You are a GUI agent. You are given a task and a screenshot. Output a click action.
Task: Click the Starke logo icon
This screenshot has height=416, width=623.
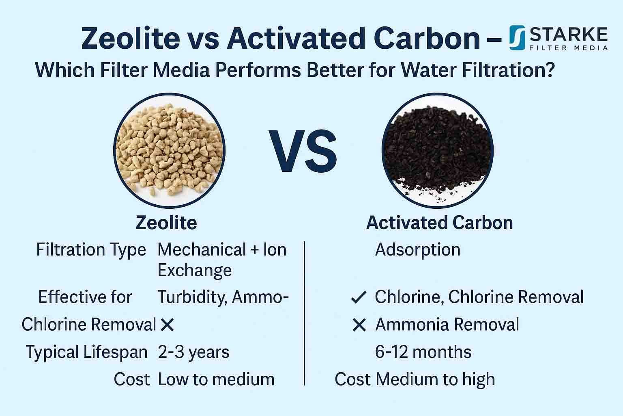pos(517,37)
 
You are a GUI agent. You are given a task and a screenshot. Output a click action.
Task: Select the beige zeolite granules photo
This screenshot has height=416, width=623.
pos(169,151)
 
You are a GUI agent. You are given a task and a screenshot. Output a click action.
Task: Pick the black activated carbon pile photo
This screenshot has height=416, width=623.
pos(438,151)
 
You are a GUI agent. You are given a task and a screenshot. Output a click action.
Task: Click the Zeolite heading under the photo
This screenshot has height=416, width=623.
pos(166,223)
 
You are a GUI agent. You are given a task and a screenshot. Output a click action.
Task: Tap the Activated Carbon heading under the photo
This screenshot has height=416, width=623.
pos(439,223)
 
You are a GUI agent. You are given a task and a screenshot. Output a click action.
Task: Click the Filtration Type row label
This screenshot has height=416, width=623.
pos(91,249)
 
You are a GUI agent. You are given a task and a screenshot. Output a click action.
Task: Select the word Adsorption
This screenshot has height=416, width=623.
pos(418,249)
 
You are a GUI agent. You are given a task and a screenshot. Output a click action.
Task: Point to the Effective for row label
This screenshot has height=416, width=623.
pos(85,297)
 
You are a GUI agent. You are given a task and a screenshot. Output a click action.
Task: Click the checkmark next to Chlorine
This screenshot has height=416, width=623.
pos(359,298)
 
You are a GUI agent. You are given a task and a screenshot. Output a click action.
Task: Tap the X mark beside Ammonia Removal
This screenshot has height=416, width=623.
pos(359,325)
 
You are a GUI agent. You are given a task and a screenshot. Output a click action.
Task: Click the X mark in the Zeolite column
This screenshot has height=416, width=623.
pos(167,325)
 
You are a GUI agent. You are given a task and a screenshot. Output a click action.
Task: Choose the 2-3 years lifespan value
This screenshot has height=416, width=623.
pos(193,352)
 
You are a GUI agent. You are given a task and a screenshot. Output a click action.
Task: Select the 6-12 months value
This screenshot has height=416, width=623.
pos(423,352)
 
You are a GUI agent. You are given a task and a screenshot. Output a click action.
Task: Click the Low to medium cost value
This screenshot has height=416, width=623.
pos(216,379)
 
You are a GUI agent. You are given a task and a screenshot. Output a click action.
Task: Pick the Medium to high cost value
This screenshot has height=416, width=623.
pos(435,379)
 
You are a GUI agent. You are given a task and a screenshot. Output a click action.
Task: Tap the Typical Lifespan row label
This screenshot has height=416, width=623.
pos(87,352)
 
